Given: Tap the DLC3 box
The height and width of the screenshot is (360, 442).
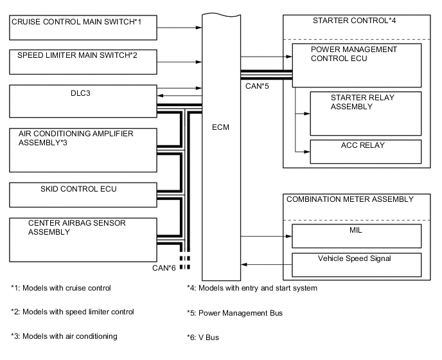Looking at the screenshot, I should click(82, 102).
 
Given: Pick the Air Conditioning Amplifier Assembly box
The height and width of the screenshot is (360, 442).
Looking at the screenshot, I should click(82, 148).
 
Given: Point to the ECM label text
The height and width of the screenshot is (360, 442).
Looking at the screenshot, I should click(220, 127).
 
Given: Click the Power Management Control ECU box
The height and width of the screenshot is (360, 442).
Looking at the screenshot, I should click(357, 61).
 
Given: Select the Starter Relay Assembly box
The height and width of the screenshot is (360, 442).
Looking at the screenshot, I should click(365, 113).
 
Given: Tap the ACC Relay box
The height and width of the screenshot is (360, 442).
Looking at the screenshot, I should click(365, 151).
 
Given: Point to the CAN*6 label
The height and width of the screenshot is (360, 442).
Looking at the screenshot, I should click(163, 268).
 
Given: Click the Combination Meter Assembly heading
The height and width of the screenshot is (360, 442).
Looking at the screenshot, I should click(349, 199).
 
